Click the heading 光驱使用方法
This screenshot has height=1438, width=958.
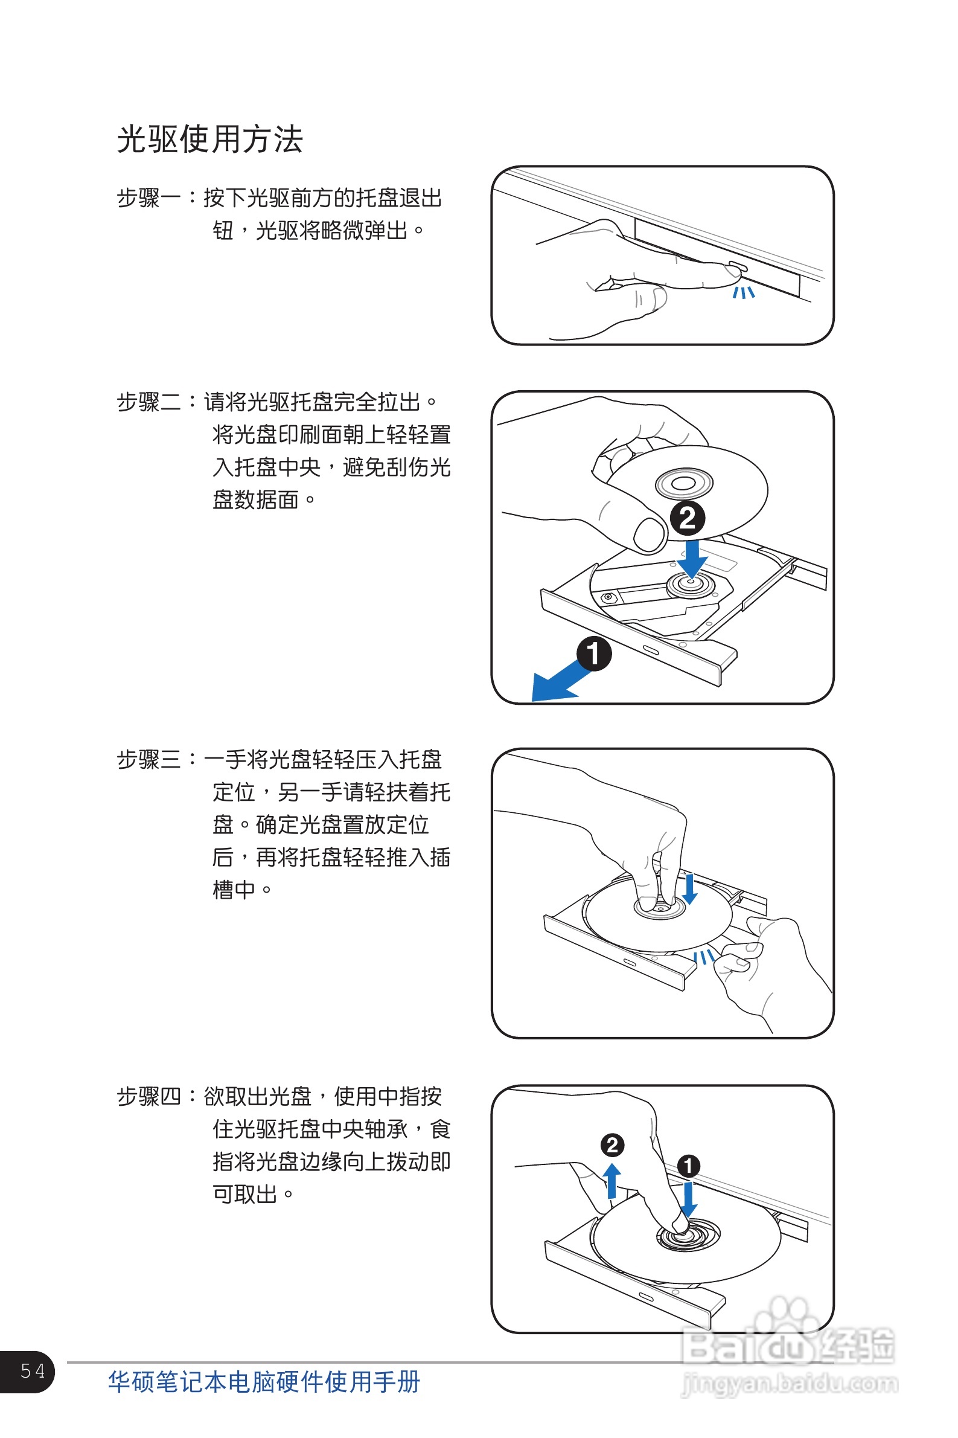click(209, 140)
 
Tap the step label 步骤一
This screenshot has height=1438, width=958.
click(148, 198)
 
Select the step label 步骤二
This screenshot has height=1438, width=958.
click(148, 402)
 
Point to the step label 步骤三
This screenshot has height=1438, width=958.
click(148, 759)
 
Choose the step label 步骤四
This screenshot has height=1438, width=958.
click(148, 1096)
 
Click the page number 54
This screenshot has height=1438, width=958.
click(33, 1371)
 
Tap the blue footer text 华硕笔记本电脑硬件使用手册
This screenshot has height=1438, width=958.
click(264, 1381)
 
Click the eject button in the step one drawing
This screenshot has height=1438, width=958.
click(736, 268)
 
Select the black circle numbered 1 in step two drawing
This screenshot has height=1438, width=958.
click(594, 653)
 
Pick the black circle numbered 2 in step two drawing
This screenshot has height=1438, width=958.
click(688, 518)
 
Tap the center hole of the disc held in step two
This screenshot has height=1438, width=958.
click(684, 484)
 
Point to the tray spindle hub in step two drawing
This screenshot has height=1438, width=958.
click(691, 584)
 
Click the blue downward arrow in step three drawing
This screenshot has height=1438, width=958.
click(690, 888)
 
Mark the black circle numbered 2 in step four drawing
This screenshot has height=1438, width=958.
click(612, 1145)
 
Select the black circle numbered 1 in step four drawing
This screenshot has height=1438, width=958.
click(689, 1166)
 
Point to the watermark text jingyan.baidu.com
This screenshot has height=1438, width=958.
click(790, 1384)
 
